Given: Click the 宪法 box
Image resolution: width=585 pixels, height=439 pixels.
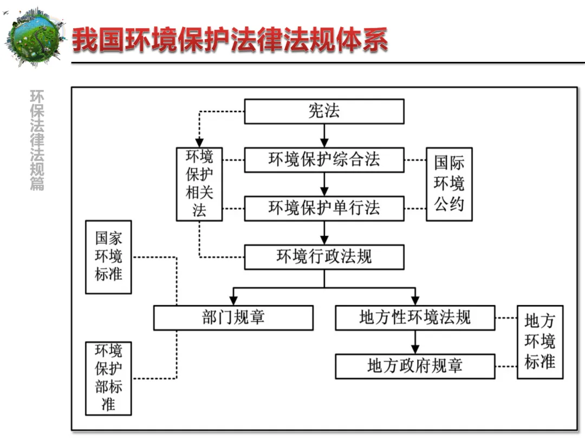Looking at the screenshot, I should (324, 111).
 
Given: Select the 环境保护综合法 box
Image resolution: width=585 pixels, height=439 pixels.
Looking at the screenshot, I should (324, 160).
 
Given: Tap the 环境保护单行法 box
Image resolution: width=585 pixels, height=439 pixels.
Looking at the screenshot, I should (324, 208).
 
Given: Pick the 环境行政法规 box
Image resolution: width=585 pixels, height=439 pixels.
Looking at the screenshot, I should (324, 257).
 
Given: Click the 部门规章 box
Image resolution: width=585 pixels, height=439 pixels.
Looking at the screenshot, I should (233, 318).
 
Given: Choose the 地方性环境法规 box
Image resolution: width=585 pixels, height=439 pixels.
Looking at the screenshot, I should (415, 318).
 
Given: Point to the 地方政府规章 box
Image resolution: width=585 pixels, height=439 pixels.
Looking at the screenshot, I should (415, 366).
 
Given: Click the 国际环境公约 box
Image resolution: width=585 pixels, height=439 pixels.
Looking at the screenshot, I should (449, 184).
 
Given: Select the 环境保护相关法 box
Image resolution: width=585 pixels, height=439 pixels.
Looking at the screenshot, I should (199, 184).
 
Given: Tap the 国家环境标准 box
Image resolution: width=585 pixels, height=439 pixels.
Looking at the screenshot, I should (108, 256).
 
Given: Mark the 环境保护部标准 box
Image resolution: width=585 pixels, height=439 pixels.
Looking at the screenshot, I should (108, 378).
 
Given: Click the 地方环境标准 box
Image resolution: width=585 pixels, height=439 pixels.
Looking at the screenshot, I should (540, 342).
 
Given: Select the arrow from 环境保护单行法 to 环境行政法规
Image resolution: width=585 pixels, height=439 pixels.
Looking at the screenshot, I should (324, 233).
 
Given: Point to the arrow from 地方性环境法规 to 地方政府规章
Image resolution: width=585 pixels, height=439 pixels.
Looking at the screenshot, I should (415, 342).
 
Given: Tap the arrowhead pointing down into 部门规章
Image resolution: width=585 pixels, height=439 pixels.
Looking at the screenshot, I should (233, 299).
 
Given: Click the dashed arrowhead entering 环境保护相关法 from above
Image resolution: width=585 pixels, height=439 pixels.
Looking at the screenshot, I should (199, 142).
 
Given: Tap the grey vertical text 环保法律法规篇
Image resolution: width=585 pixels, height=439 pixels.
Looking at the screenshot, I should (37, 140).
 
